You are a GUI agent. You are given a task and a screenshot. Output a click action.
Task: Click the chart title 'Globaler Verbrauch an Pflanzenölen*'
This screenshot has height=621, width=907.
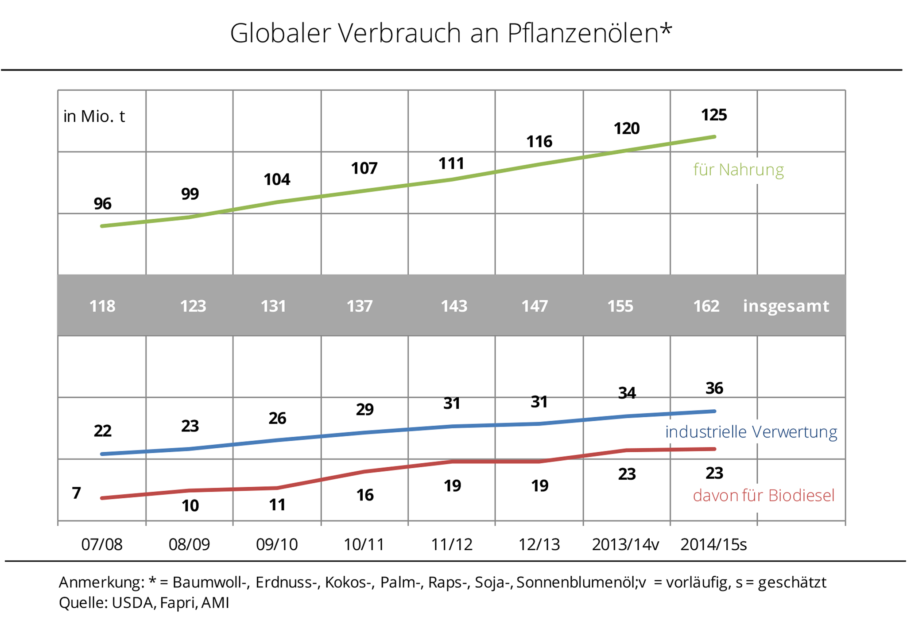click(x=451, y=33)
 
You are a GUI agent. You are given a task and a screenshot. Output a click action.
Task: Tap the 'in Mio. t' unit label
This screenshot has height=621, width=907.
click(x=94, y=116)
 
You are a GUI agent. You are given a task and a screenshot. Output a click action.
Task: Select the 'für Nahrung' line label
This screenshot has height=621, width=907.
click(x=738, y=170)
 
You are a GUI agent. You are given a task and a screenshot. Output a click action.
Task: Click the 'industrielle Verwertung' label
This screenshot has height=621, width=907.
click(x=751, y=432)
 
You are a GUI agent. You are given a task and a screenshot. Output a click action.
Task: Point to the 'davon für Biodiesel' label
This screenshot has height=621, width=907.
click(x=764, y=496)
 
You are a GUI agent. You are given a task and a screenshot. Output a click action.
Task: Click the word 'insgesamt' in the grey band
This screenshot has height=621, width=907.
click(x=786, y=306)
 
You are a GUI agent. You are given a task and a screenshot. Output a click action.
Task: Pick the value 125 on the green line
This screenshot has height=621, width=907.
click(x=714, y=115)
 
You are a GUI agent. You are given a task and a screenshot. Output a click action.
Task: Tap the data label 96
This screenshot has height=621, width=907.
click(x=102, y=204)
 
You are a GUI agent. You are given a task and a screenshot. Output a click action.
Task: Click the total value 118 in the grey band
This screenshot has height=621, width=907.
click(x=102, y=306)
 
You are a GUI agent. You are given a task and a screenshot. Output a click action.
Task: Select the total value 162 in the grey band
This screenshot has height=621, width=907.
click(x=706, y=306)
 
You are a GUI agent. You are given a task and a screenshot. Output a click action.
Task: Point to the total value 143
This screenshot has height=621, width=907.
click(x=454, y=306)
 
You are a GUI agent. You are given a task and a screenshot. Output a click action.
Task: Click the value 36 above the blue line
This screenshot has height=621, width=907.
click(x=714, y=388)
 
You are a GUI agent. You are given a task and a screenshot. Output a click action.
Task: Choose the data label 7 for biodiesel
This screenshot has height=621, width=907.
click(x=77, y=493)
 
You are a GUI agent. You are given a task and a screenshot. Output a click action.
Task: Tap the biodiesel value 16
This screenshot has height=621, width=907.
click(x=364, y=495)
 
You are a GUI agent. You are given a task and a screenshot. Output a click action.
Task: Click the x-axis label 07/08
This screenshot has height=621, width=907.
click(x=102, y=544)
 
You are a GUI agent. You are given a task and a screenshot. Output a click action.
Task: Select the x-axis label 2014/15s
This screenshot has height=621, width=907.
click(x=713, y=544)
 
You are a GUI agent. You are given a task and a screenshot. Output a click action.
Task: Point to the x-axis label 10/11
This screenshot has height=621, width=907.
click(x=364, y=544)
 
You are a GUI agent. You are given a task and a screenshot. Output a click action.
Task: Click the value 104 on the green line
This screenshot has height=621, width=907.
click(x=277, y=179)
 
